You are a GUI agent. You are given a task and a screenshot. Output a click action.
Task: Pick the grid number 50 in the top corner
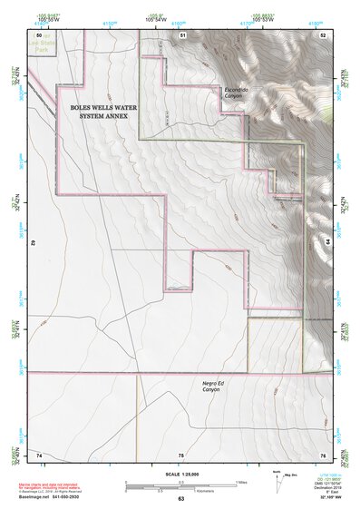click(40, 34)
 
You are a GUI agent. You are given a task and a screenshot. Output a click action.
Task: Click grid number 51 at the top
click(182, 34)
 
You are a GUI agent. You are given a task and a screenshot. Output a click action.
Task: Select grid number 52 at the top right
click(323, 34)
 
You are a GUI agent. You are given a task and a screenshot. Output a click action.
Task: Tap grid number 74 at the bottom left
click(40, 454)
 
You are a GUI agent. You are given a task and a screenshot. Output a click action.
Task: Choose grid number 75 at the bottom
click(180, 454)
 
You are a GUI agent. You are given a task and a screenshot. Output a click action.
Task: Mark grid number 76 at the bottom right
click(322, 454)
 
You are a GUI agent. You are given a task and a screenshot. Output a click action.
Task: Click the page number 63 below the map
click(180, 499)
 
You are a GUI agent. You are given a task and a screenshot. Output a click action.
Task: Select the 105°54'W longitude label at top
click(156, 19)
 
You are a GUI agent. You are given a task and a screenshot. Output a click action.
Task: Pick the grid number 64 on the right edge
click(326, 243)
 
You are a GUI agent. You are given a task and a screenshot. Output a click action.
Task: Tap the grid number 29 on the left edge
click(34, 243)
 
